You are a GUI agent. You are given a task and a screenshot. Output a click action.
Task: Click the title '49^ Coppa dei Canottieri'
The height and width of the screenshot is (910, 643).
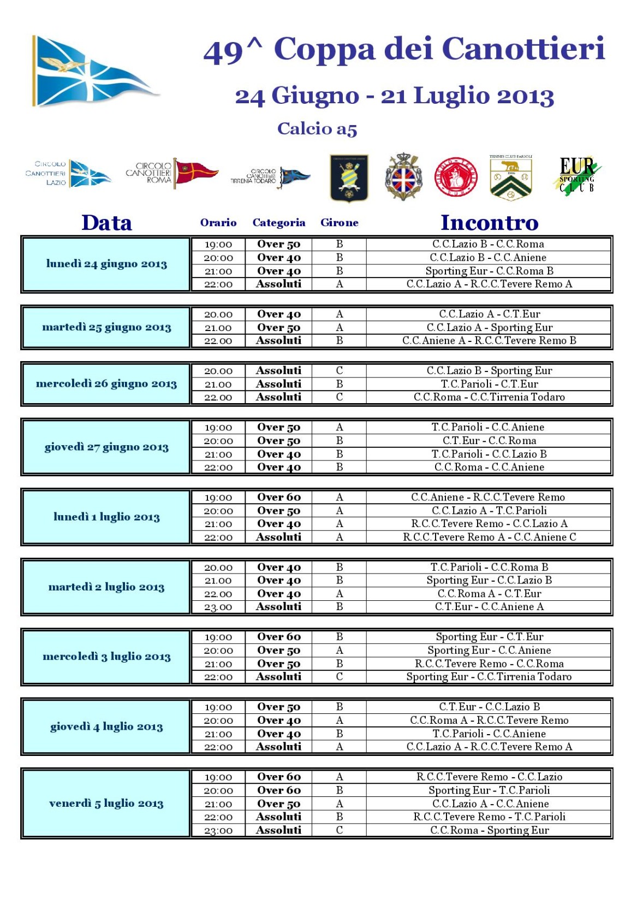tap(404, 49)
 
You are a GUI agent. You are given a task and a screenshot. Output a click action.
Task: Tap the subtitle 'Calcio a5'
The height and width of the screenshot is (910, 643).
tap(317, 128)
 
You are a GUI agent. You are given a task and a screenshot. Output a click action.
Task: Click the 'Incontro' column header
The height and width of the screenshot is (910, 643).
tap(489, 223)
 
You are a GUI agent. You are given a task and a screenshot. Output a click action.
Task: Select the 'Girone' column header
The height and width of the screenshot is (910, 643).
tap(339, 222)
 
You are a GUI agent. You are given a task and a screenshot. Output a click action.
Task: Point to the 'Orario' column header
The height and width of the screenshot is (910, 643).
tap(218, 222)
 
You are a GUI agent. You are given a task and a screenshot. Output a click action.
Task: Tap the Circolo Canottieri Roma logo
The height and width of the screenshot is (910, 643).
tap(172, 174)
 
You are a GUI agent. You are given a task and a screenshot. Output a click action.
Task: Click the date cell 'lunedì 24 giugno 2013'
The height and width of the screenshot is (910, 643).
tap(106, 264)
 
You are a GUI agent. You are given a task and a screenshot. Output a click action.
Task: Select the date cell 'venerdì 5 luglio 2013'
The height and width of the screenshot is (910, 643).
tap(106, 803)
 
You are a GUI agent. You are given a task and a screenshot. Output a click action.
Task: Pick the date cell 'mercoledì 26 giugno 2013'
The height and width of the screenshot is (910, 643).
tap(106, 383)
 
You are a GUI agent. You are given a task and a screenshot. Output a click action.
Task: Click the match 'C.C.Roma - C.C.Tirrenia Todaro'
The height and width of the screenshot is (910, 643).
tap(489, 397)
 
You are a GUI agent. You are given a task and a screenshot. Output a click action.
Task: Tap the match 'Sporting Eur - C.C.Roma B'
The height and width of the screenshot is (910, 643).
tap(489, 271)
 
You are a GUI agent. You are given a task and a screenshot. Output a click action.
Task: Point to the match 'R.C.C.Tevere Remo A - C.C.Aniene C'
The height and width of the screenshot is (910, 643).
tap(489, 537)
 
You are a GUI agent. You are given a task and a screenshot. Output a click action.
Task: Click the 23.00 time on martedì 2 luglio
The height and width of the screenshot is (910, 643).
tap(218, 607)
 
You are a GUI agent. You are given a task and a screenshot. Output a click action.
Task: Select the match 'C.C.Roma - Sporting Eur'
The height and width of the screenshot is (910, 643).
tap(489, 830)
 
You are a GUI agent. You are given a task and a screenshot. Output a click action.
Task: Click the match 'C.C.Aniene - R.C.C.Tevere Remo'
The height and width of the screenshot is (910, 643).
tap(489, 497)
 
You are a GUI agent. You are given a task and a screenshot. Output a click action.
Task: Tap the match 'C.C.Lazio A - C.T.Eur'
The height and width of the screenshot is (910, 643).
tap(489, 314)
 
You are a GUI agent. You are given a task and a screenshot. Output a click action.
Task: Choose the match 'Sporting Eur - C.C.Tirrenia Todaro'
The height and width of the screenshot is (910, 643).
tap(489, 677)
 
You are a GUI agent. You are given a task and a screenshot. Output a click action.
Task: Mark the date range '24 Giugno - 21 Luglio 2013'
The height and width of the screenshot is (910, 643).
tap(394, 96)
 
